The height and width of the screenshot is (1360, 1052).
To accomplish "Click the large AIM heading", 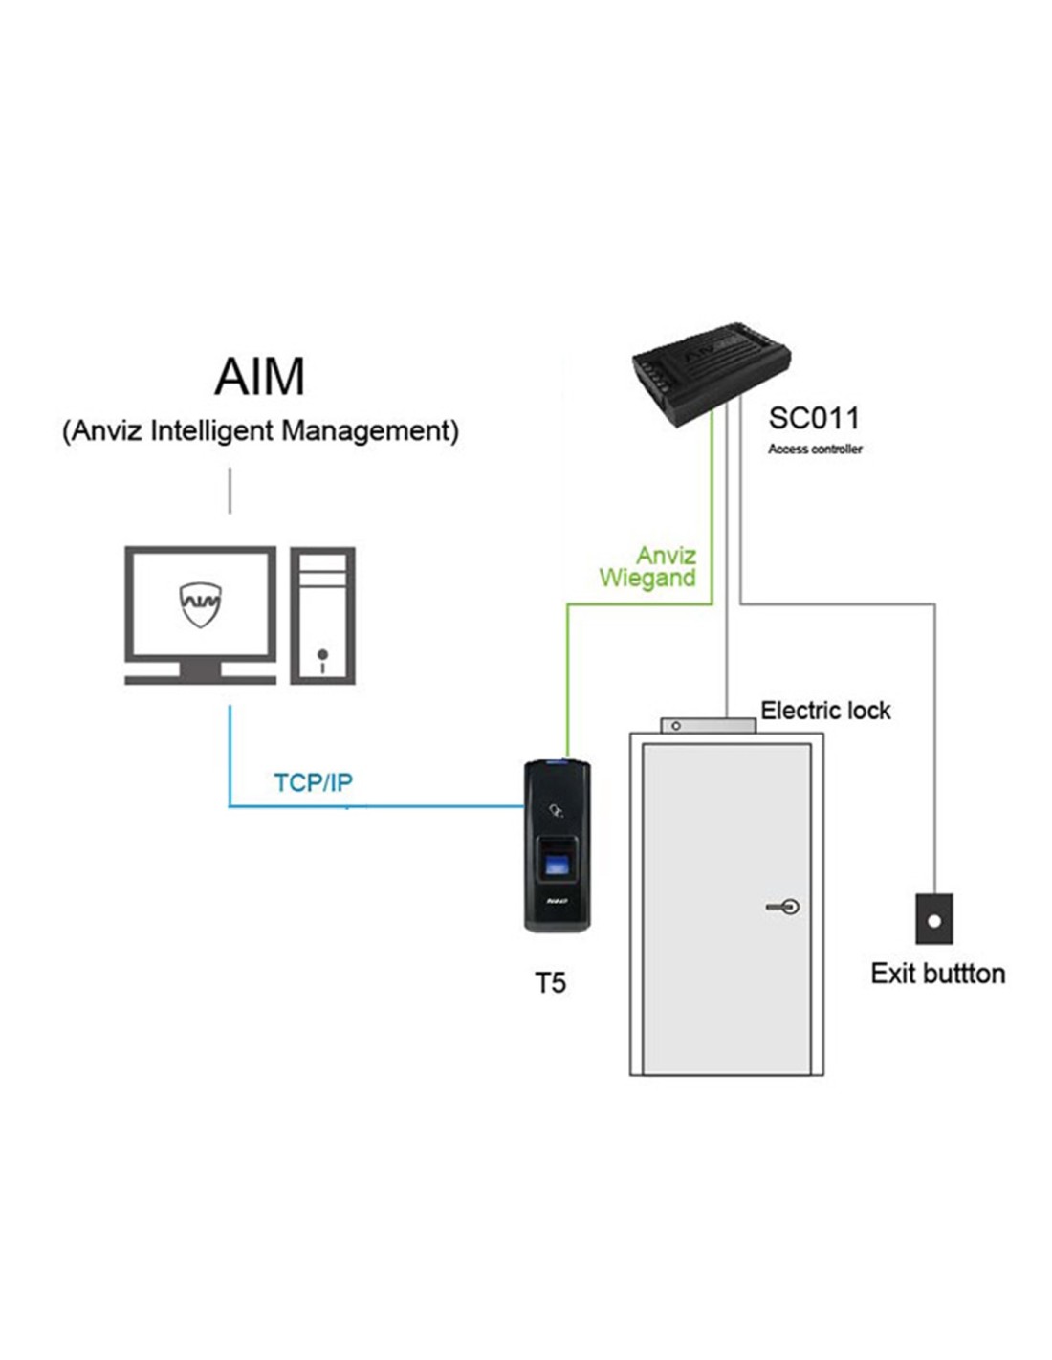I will tap(260, 376).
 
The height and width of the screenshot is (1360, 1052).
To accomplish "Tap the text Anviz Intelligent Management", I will tap(260, 430).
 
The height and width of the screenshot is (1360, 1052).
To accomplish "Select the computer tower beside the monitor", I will tap(322, 615).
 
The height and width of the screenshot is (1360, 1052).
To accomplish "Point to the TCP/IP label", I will tap(314, 782).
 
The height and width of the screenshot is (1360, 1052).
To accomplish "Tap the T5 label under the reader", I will tap(550, 982).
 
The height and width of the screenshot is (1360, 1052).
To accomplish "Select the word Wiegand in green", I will tap(647, 578).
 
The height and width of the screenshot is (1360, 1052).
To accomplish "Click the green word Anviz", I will tap(667, 555).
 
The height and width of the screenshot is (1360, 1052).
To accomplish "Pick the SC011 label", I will tap(814, 418).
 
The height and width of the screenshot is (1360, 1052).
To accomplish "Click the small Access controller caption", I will tap(815, 449).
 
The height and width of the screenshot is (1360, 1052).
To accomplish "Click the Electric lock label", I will tap(825, 711).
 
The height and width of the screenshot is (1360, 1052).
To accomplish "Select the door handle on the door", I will tap(783, 906).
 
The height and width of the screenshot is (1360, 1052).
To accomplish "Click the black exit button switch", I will tap(934, 919).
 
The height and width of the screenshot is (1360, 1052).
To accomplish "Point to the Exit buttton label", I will tap(937, 974).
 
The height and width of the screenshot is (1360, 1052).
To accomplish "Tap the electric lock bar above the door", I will tap(708, 726).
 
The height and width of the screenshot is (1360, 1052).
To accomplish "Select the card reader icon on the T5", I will tap(554, 813).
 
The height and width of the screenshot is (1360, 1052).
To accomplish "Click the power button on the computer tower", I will tap(322, 655).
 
